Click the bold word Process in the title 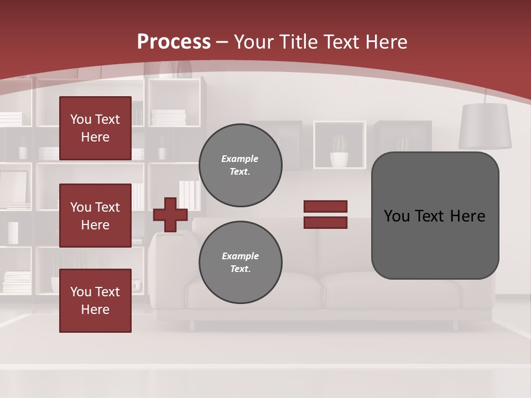tap(174, 42)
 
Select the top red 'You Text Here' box tap(95, 128)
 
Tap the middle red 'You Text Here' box tap(95, 216)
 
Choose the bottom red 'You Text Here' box tap(95, 300)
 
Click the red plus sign tap(170, 214)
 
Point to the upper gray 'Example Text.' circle tap(240, 165)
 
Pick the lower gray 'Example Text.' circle tap(240, 263)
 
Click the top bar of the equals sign tap(325, 206)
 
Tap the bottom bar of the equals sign tap(325, 223)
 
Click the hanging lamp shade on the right tap(485, 126)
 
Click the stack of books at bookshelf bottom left tap(17, 281)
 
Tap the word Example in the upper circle tap(240, 159)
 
